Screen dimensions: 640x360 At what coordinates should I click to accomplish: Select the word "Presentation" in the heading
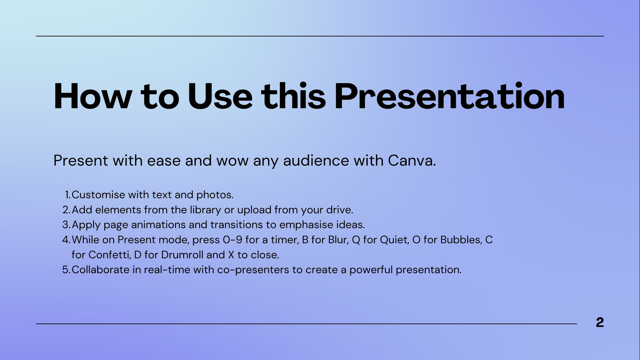click(450, 96)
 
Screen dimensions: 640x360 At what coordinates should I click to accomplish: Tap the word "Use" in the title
click(220, 96)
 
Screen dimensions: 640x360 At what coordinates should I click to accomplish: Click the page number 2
click(600, 322)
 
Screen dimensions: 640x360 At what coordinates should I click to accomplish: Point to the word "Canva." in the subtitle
click(412, 160)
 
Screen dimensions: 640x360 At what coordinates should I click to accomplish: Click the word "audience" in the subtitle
click(316, 160)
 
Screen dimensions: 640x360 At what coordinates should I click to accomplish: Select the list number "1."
click(68, 195)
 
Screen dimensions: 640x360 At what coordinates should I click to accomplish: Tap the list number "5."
click(66, 270)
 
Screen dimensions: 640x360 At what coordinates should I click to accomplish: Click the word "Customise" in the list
click(98, 195)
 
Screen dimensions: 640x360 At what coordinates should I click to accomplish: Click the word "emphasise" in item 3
click(306, 225)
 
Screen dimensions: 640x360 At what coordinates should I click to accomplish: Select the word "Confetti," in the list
click(110, 255)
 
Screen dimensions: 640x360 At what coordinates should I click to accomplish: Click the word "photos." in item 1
click(215, 195)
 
